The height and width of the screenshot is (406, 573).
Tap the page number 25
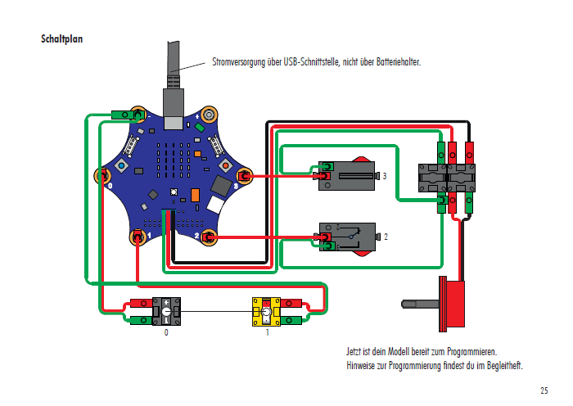[x=544, y=390]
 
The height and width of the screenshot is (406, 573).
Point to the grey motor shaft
[x=420, y=304]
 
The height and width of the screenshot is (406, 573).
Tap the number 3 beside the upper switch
[x=384, y=176]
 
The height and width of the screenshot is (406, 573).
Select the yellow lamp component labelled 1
[x=267, y=312]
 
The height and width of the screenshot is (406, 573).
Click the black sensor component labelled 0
[x=167, y=312]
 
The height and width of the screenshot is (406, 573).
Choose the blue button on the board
[x=122, y=166]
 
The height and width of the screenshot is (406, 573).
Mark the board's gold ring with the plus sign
[x=210, y=115]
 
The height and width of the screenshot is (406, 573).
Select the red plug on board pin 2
[x=210, y=237]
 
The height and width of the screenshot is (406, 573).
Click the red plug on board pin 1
[x=138, y=238]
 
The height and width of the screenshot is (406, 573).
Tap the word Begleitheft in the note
[x=502, y=365]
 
